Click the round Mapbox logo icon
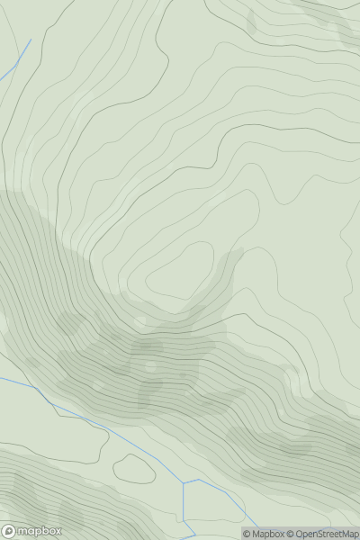coord(9,532)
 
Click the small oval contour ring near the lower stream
coord(134,468)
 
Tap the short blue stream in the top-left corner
coord(17,58)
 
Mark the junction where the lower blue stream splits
coord(183,481)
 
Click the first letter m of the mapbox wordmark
coord(24,532)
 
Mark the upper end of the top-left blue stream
coord(30,40)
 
